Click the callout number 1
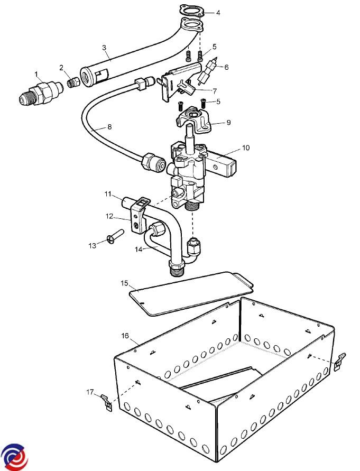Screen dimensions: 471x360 tap(36, 74)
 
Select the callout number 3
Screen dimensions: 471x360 tap(104, 48)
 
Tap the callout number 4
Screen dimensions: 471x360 tap(218, 13)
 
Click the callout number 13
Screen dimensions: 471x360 tap(93, 245)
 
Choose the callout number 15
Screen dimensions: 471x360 tap(124, 284)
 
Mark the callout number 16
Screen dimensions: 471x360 tap(125, 335)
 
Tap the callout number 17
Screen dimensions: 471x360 tap(89, 392)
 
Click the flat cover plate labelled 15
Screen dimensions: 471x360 tap(190, 293)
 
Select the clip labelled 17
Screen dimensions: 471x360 tap(107, 402)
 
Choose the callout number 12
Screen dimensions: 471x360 tap(109, 216)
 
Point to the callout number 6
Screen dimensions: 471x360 tap(227, 67)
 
